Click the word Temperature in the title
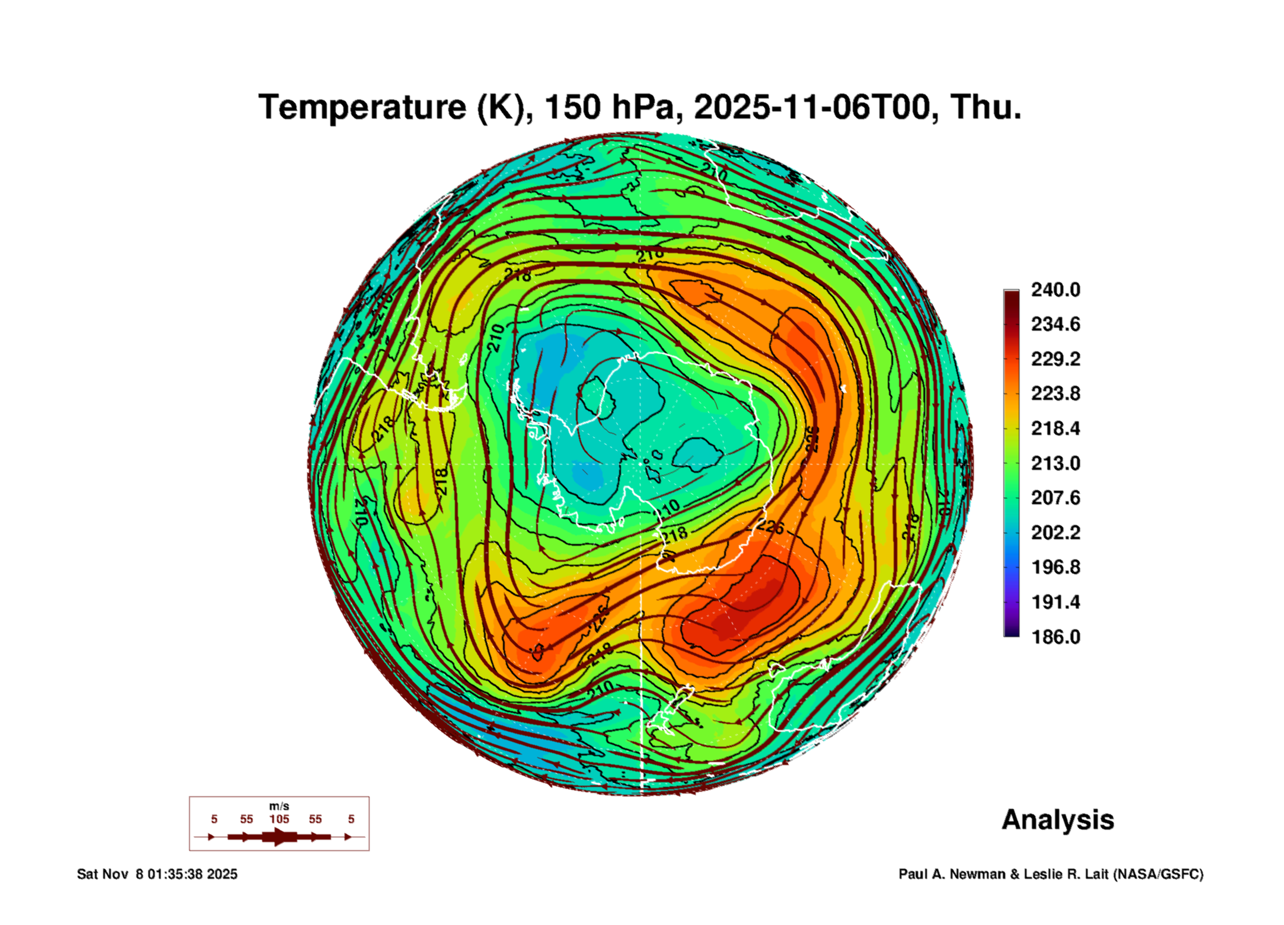tap(362, 107)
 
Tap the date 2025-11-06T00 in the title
tap(811, 107)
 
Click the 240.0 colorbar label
tap(1055, 290)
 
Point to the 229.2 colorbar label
tap(1055, 359)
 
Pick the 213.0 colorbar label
tap(1055, 463)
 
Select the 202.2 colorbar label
tap(1055, 532)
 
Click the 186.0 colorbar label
tap(1055, 637)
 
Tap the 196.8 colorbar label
tap(1055, 567)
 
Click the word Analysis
tap(1057, 820)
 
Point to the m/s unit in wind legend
tap(279, 806)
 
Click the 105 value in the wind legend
tap(279, 819)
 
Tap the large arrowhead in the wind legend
tap(280, 837)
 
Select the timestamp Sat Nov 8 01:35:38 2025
tap(157, 874)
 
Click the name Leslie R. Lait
tap(1066, 874)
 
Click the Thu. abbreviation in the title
tap(986, 107)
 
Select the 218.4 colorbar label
tap(1055, 428)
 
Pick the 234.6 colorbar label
tap(1055, 324)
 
